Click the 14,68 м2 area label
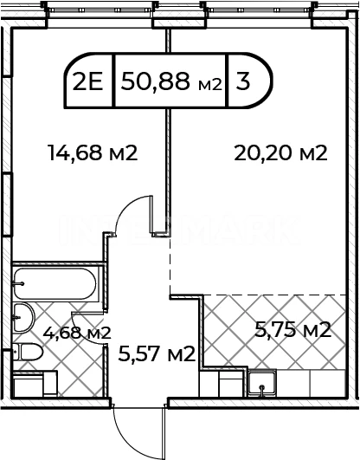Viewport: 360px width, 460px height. coord(93,152)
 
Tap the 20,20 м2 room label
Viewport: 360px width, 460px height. coord(281,152)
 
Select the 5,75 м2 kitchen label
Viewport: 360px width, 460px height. coord(292,329)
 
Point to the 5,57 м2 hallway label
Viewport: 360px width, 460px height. coord(157,353)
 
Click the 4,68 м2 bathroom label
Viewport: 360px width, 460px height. coord(77,333)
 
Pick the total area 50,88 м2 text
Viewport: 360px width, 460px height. coord(170,81)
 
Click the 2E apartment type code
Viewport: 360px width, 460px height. coord(87,81)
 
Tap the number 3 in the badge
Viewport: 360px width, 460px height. coord(243,81)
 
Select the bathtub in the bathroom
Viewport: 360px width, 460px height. coord(55,283)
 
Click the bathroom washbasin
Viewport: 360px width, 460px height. coord(24,318)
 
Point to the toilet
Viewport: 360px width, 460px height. coord(28,352)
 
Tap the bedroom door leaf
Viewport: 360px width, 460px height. coord(151,214)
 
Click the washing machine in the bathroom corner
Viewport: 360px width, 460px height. coord(35,384)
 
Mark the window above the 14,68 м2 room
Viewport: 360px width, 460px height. coord(100,10)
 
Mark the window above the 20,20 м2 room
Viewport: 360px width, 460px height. coord(259,10)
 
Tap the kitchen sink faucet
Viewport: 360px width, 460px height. coord(262,390)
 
